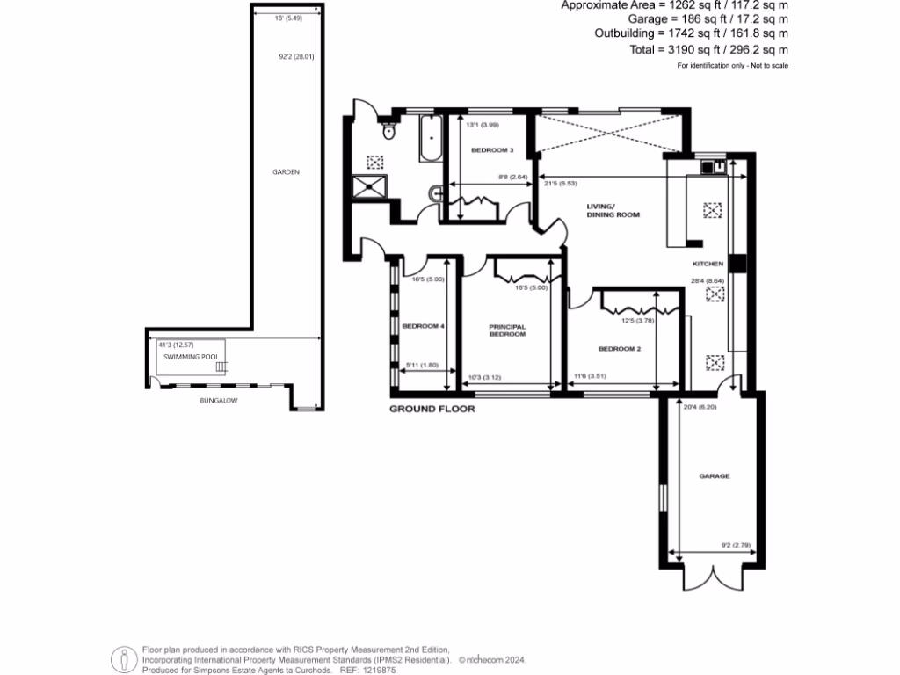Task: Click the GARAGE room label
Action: (715, 475)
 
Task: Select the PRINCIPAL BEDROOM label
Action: (507, 330)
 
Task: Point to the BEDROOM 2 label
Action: (619, 349)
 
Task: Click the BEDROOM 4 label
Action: (424, 326)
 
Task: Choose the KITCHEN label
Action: (708, 264)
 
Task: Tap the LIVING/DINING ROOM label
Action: (613, 211)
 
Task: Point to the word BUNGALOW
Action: (218, 400)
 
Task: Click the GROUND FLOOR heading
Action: (432, 410)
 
